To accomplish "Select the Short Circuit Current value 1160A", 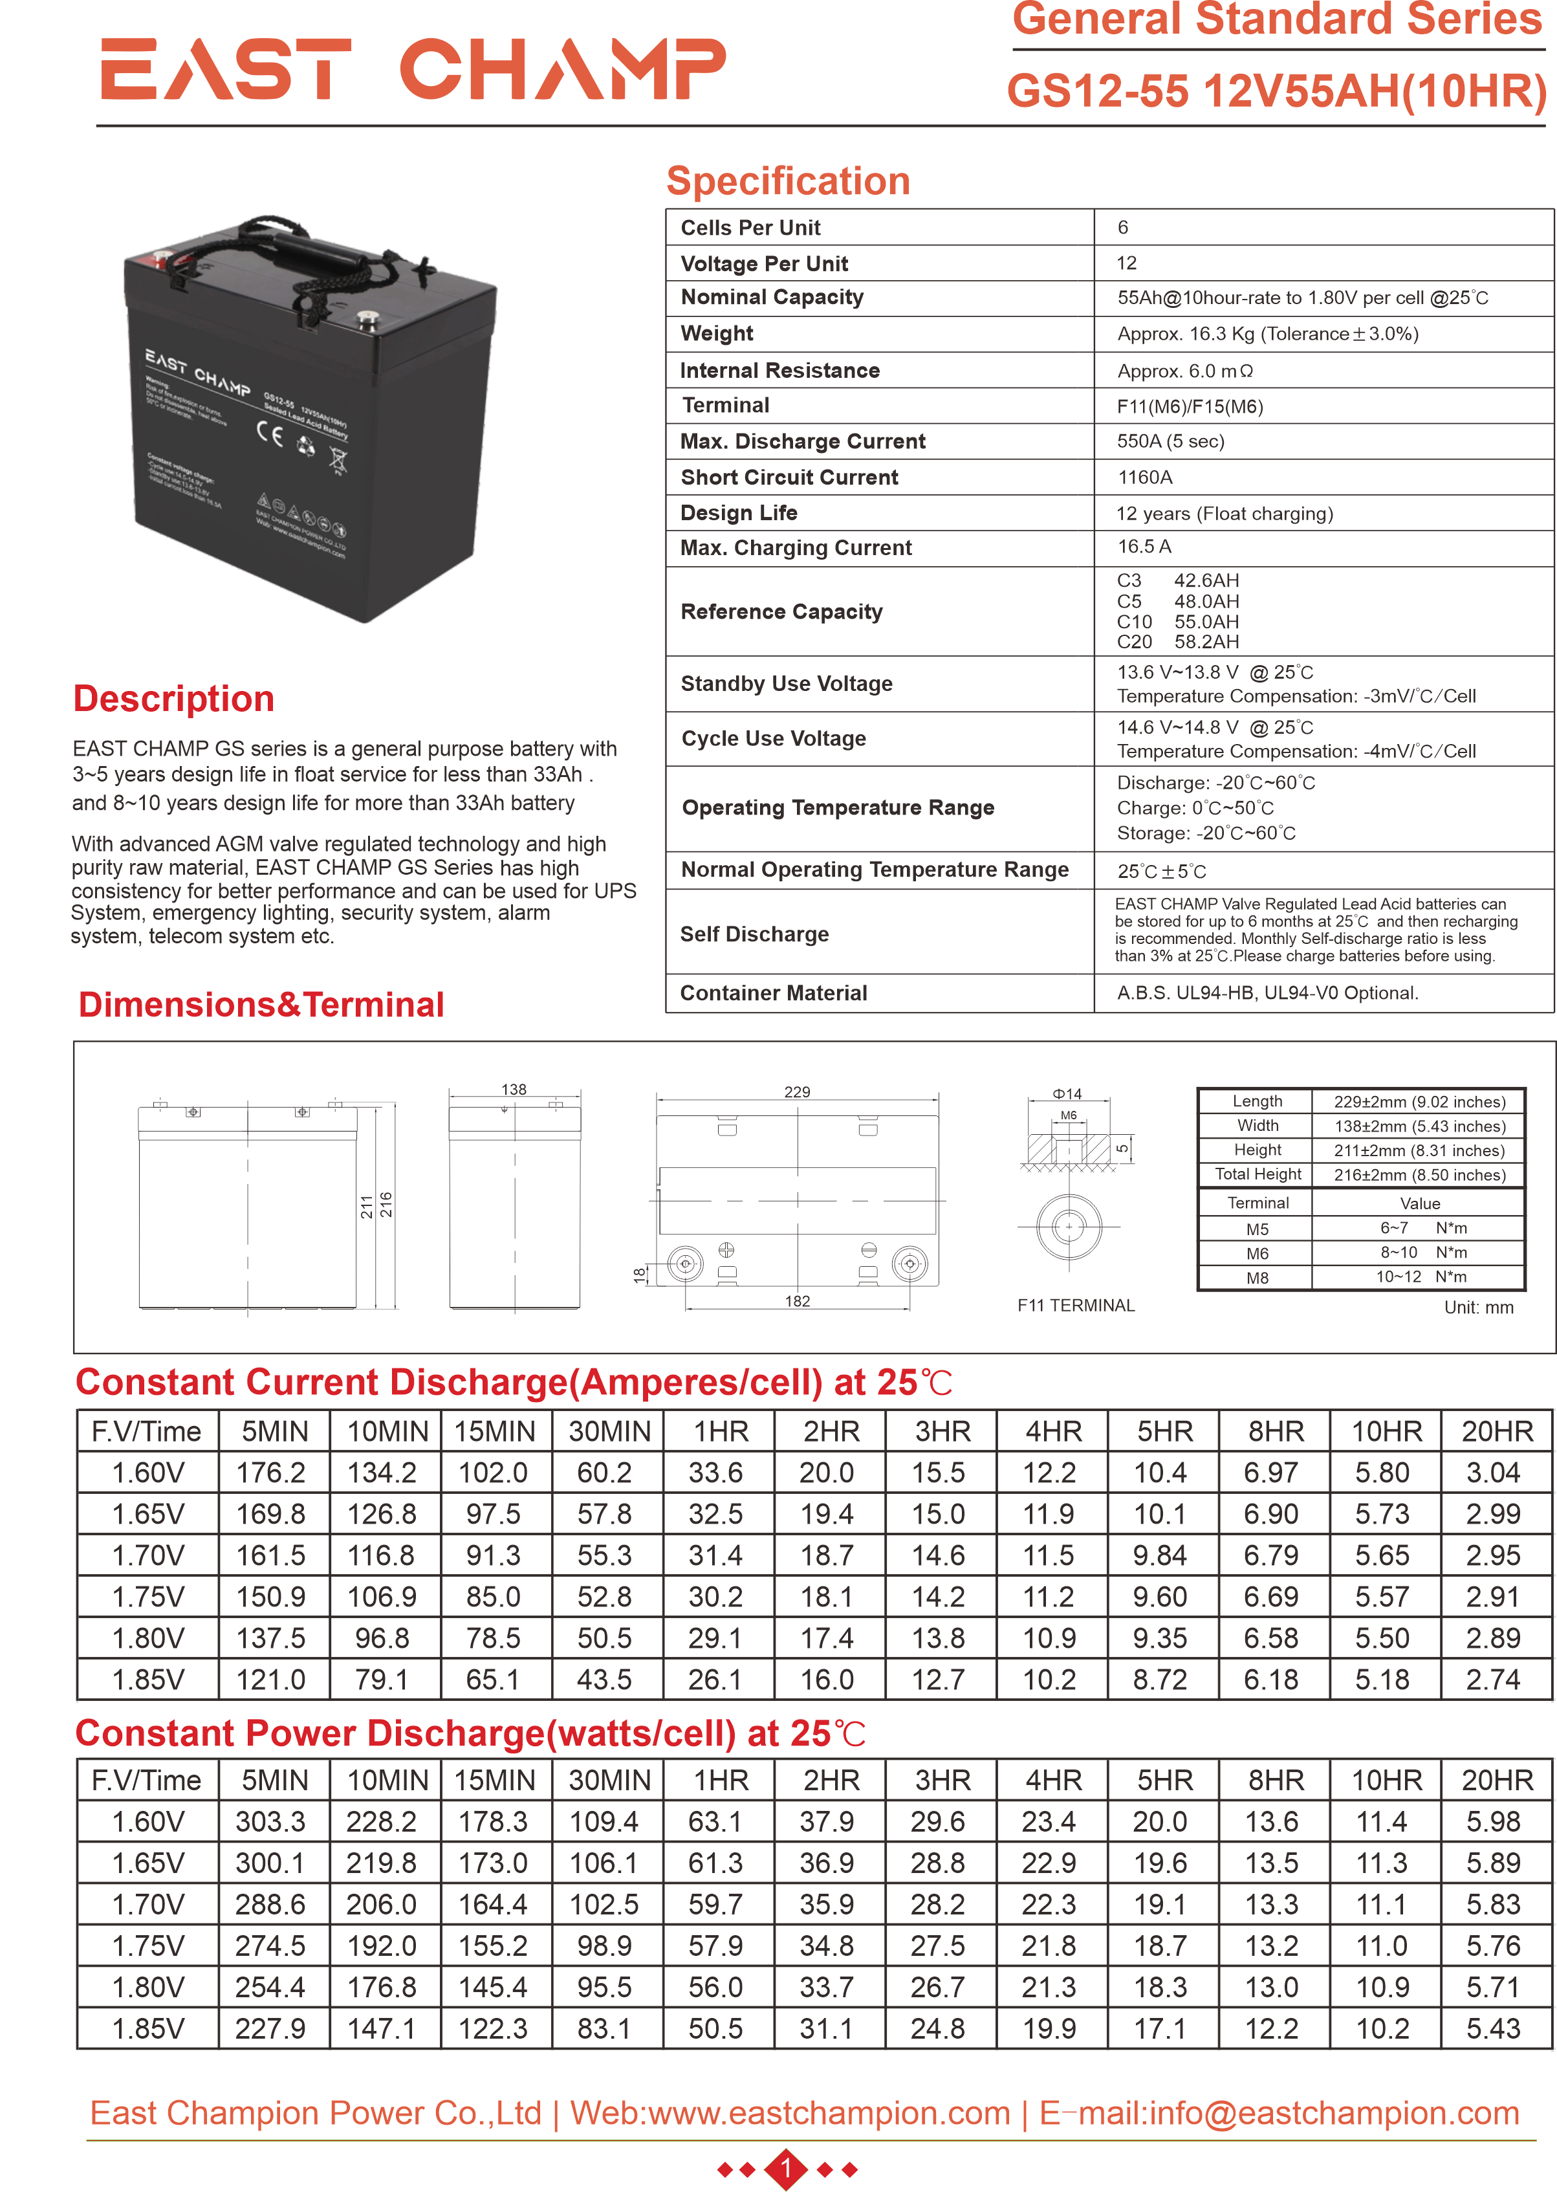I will [1145, 477].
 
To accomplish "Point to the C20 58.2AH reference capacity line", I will [1177, 642].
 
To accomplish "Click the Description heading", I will [173, 699].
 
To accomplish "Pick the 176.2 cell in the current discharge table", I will [271, 1473].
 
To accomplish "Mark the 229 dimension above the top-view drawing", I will [797, 1092].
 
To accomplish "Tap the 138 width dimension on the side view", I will [514, 1090].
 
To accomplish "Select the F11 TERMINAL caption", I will [1076, 1305].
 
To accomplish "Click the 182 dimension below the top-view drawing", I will [797, 1301].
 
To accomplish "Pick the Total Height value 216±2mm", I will [1419, 1175].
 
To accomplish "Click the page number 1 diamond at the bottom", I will [786, 2168].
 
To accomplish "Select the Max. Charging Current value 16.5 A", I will [1144, 547].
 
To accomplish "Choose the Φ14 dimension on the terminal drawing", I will [1067, 1094].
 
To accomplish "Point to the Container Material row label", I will [773, 993].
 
